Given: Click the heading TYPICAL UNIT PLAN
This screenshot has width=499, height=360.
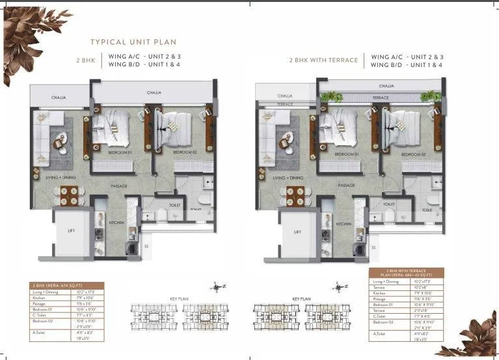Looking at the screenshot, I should [133, 42].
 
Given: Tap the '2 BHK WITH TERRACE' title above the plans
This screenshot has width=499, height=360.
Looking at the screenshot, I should [323, 60].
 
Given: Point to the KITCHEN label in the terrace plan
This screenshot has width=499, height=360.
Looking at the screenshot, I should [344, 223].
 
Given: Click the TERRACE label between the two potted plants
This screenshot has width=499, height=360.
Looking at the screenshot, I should [381, 98].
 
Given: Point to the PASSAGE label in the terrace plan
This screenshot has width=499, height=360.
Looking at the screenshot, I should [346, 186].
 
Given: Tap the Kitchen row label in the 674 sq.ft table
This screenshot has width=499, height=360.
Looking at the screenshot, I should [41, 298].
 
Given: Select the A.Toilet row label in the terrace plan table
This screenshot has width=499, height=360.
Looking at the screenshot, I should [379, 335].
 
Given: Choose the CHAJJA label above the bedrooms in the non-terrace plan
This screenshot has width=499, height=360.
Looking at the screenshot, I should [154, 93].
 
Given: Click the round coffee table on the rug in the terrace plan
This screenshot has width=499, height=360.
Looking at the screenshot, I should [287, 138].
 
